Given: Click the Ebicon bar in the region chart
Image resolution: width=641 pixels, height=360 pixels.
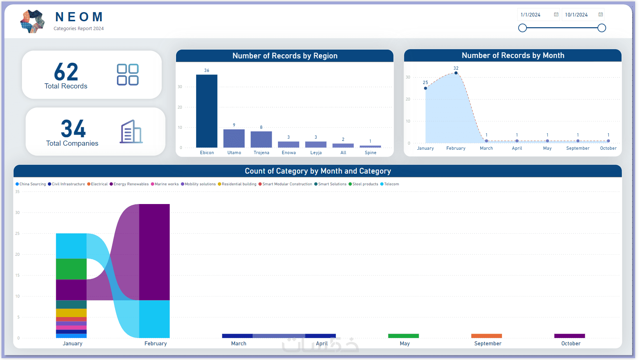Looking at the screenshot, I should point(206,111).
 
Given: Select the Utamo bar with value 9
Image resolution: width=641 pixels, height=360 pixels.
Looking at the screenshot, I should point(234,138).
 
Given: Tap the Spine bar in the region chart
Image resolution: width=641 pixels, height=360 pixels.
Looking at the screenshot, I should point(370,146).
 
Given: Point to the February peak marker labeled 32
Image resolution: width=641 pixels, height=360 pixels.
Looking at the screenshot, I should point(456,73).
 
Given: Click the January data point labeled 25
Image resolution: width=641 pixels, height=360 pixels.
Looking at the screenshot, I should point(425,88).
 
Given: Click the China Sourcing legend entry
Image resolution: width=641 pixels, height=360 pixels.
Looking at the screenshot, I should point(31,184).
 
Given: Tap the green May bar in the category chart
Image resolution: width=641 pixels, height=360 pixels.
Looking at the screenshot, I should point(403,336).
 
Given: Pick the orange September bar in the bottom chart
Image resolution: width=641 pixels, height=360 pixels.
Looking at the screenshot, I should point(486,336).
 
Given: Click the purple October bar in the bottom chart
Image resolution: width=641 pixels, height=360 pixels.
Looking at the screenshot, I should point(569,336).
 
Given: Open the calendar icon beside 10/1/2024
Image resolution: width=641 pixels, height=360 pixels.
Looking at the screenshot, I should point(601,15).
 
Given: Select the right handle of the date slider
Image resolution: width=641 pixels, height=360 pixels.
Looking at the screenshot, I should point(602,28).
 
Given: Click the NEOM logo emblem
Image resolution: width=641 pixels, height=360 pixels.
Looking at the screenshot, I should point(33,21).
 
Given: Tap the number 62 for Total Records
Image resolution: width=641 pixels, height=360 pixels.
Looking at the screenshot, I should point(66,72).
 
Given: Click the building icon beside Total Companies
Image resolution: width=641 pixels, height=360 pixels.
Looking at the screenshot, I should point(131,132).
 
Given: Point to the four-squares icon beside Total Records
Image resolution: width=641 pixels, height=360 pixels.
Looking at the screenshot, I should point(128,75).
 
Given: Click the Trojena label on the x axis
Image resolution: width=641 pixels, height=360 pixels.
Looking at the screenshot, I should point(261,153).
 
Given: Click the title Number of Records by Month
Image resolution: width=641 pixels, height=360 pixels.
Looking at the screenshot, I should point(513,55).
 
